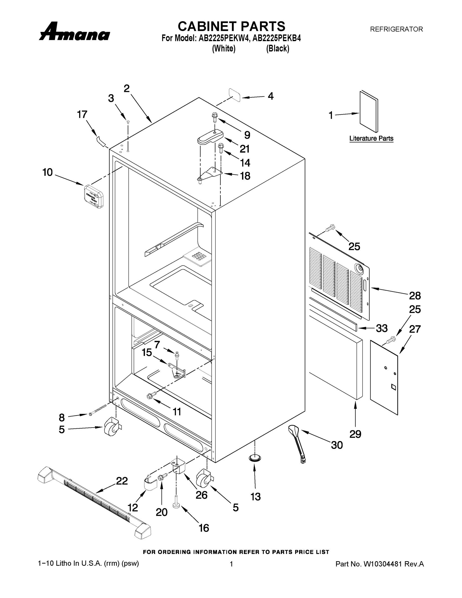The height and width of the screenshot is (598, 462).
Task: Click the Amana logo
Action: (74, 32)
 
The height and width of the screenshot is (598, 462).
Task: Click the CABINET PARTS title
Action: (231, 27)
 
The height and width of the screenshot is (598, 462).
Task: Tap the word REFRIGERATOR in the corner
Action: (396, 29)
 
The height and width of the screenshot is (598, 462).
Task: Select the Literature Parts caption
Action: (371, 138)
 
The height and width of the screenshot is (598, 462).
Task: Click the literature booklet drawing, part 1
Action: (368, 112)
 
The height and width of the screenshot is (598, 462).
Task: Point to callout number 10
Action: (47, 172)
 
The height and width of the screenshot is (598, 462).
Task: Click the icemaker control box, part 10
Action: (94, 196)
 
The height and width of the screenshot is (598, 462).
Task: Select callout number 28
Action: (415, 296)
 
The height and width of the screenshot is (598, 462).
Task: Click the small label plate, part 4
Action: (235, 95)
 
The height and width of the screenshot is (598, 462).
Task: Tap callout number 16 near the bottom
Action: (204, 528)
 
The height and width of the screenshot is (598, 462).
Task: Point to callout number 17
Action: (82, 114)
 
